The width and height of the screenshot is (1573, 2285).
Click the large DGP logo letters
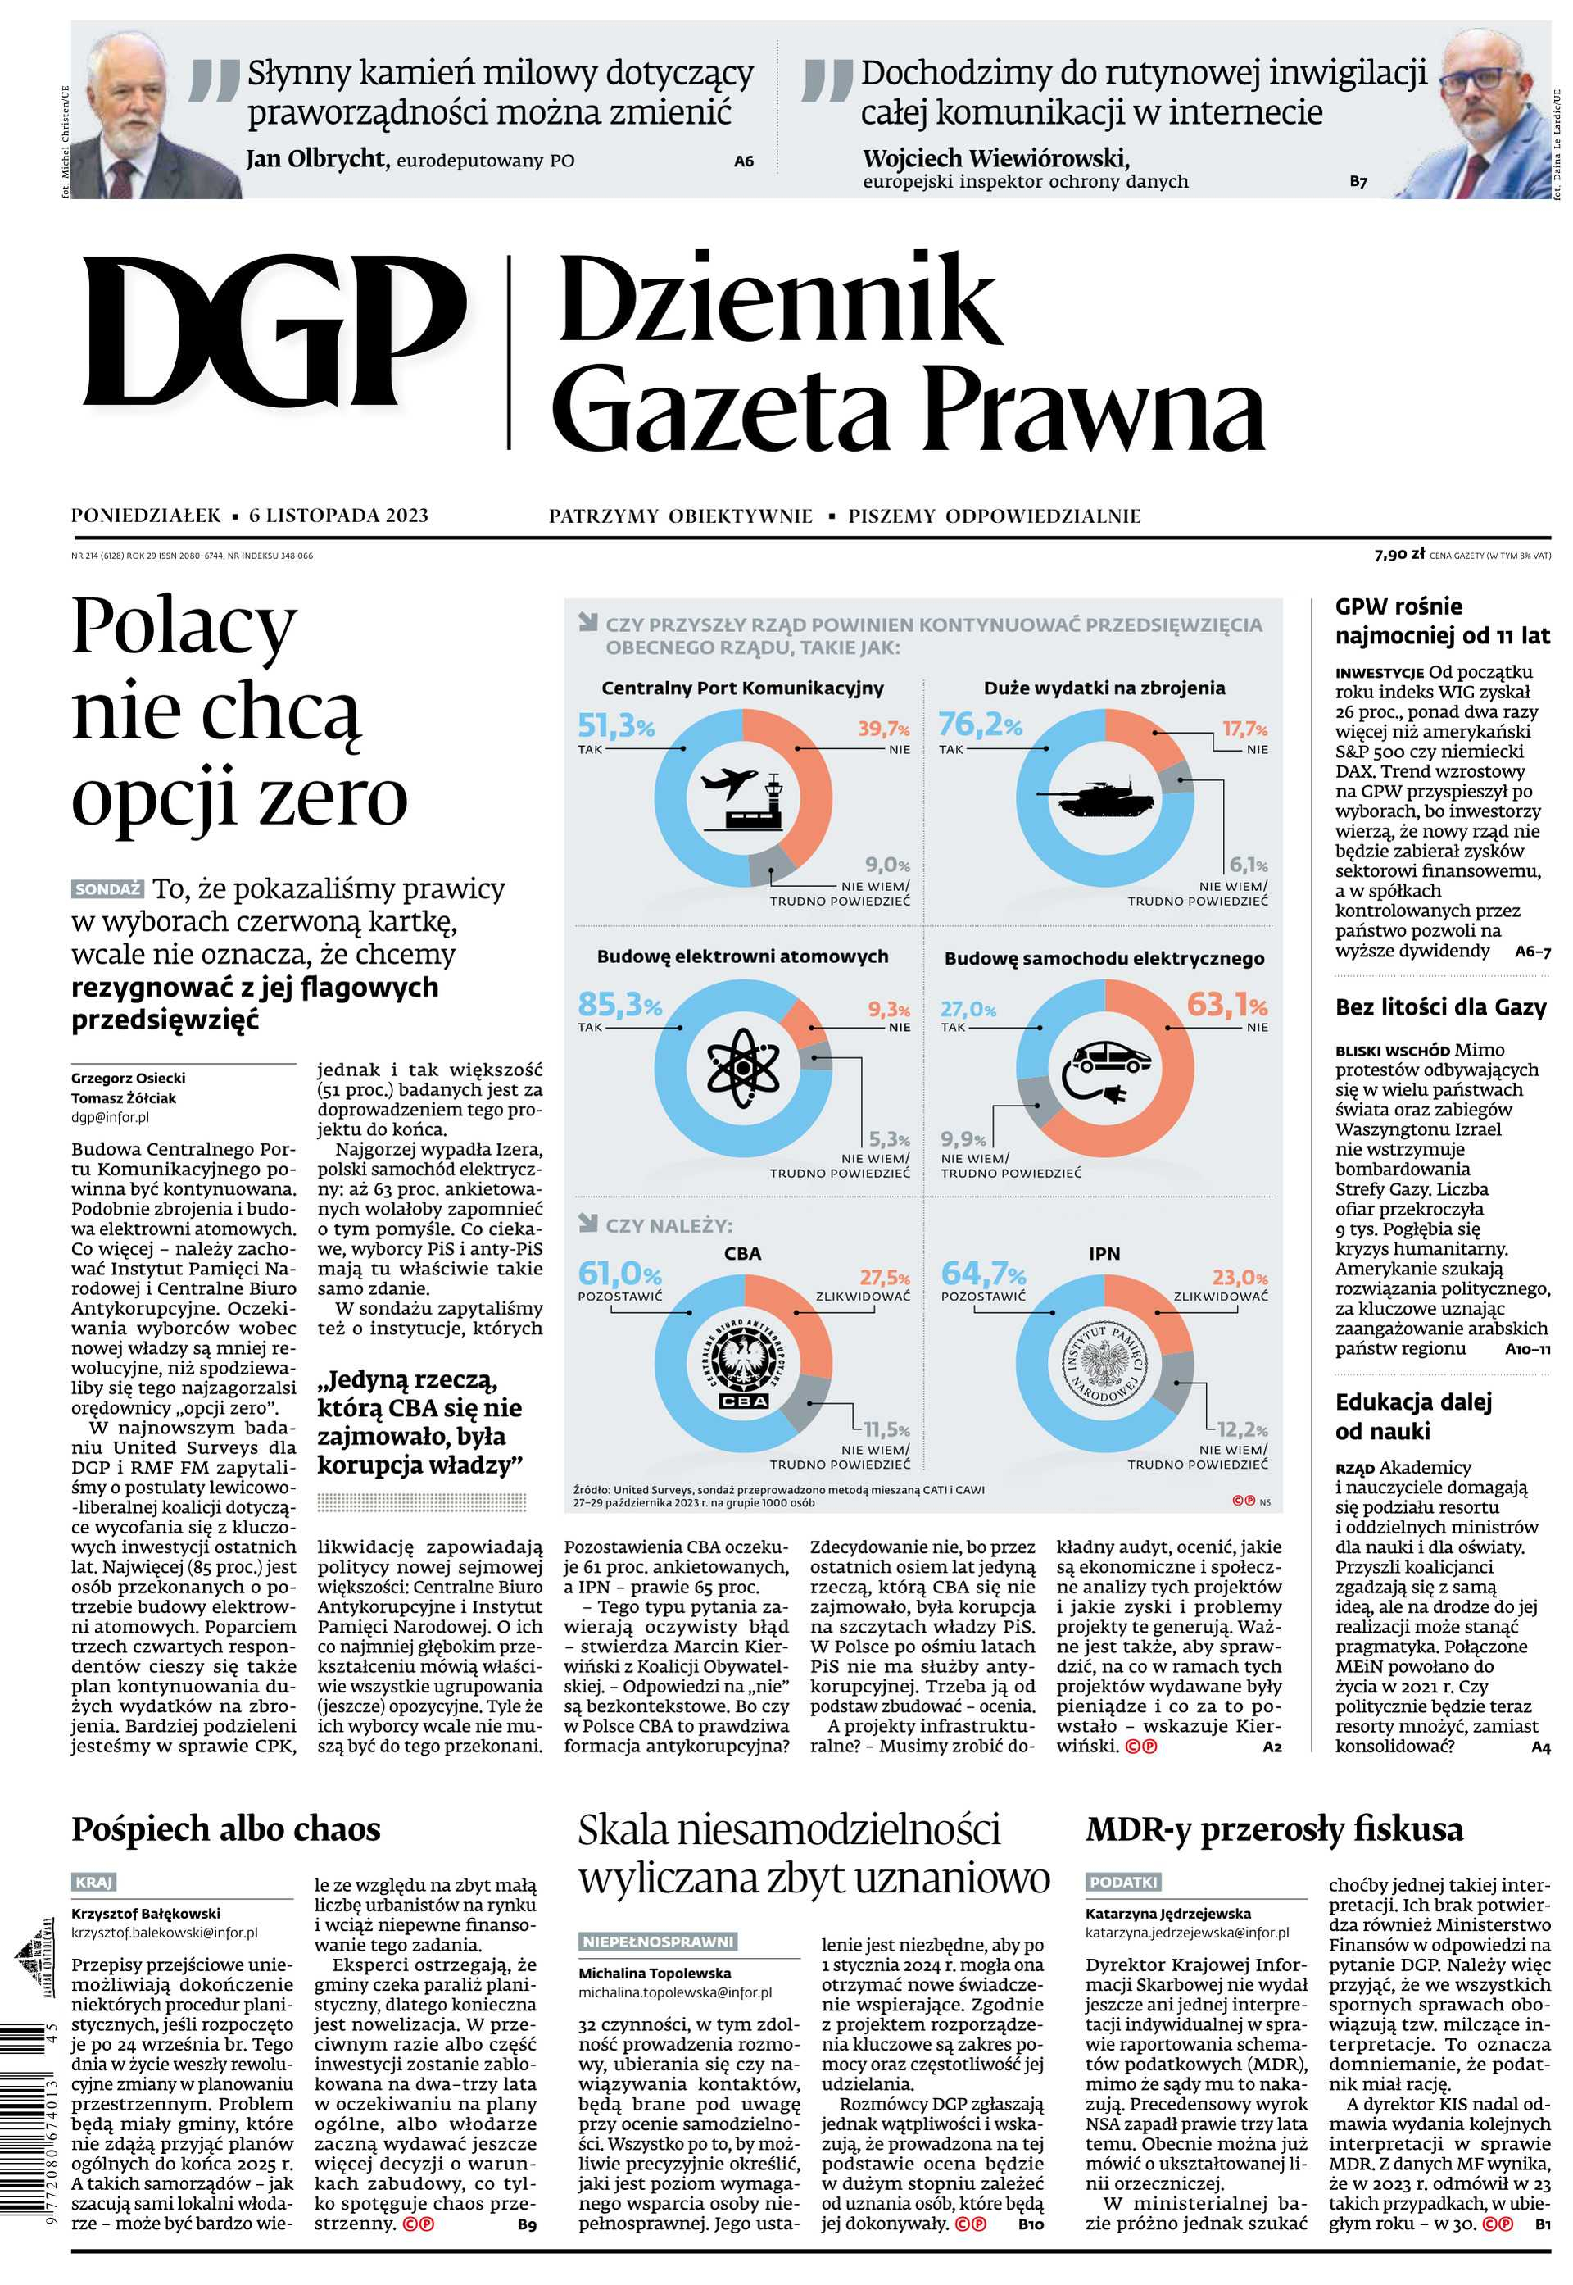point(274,332)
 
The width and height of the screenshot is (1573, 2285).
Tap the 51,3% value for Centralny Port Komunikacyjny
point(615,726)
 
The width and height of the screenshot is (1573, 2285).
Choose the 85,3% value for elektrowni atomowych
point(619,1005)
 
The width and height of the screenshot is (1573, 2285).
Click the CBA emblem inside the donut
point(743,1363)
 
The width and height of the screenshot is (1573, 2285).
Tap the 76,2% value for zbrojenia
point(979,725)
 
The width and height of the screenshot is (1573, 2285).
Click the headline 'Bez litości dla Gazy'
point(1441,1006)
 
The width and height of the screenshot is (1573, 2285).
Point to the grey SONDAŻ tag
point(107,889)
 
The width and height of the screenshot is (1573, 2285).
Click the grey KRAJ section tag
point(93,1882)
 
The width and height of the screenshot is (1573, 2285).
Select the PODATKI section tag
point(1122,1882)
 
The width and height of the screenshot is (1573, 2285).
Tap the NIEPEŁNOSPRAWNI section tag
point(657,1941)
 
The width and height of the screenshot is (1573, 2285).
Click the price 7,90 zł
point(1398,555)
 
